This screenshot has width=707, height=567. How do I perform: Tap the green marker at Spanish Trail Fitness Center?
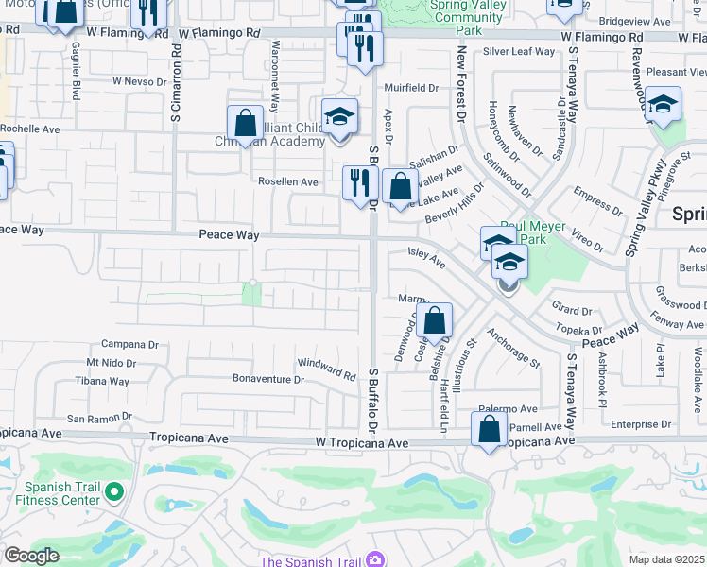coord(114,491)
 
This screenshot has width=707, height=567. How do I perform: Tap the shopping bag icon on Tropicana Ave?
coord(490,430)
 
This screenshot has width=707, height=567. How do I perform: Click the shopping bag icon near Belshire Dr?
coord(435,319)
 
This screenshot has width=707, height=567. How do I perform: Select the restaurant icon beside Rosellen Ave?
coord(359,181)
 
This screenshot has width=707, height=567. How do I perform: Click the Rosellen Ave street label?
coord(288,181)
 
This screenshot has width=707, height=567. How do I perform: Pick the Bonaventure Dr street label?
coord(268,380)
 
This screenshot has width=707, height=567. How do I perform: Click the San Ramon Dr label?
coord(98,418)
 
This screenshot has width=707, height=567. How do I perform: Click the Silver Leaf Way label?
coord(519,52)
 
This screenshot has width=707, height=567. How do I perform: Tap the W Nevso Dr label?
coord(139,81)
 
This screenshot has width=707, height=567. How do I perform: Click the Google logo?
coord(31,556)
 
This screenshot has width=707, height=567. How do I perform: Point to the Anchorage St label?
coord(513,348)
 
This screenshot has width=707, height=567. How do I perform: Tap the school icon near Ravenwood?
coord(664,104)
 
